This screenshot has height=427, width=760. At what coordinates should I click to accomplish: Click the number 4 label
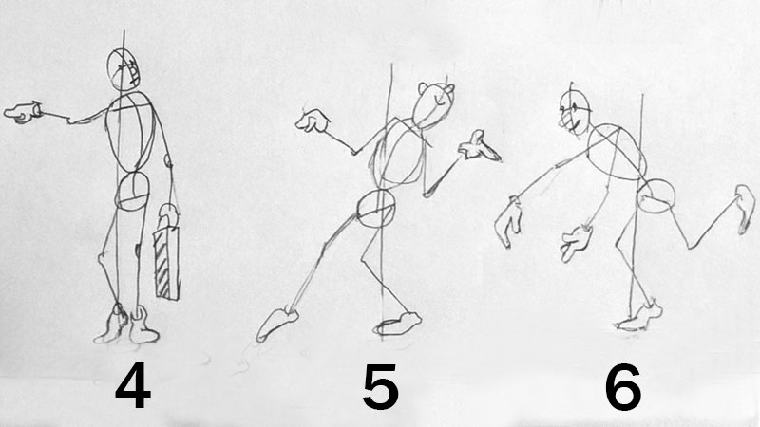[133, 386]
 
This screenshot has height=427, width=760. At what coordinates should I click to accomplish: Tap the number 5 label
[381, 387]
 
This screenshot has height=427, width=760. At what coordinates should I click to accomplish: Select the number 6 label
[623, 387]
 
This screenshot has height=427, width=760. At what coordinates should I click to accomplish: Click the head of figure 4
[123, 69]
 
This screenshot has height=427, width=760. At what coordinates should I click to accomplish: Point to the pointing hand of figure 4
[22, 112]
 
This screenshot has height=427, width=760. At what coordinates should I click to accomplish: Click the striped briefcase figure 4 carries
[165, 263]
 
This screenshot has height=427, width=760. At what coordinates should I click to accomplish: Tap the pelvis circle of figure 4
[132, 192]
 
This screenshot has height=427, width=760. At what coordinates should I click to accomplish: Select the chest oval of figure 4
[131, 132]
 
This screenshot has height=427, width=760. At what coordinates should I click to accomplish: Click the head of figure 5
[434, 105]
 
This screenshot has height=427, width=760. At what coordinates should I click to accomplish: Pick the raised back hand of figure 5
[313, 121]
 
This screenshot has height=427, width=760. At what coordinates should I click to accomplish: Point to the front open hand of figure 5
[479, 147]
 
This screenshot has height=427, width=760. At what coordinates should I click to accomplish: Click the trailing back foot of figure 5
[276, 324]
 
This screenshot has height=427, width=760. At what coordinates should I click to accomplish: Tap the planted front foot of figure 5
[397, 324]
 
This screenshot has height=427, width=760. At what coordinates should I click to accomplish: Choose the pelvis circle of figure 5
[376, 209]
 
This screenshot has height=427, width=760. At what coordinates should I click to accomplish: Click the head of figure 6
[576, 112]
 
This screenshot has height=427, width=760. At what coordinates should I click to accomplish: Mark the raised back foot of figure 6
[746, 209]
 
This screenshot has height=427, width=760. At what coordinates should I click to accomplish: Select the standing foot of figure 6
[639, 317]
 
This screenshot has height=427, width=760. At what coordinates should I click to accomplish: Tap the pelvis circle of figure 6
[655, 196]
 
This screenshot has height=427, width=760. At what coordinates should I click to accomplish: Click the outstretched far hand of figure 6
[508, 222]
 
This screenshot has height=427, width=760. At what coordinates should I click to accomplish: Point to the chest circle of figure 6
[617, 152]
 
